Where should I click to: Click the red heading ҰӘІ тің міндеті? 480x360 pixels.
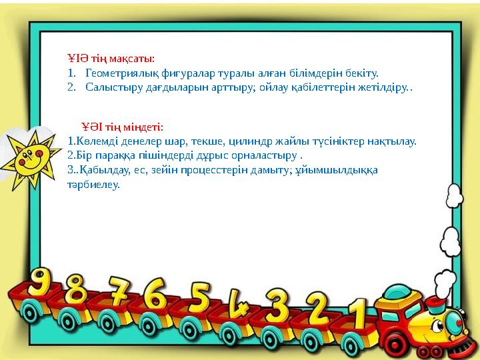[x=123, y=127]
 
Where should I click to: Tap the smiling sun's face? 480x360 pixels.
[x=31, y=160]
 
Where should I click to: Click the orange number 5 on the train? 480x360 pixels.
[x=199, y=299]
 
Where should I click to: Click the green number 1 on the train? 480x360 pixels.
[x=359, y=313]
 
